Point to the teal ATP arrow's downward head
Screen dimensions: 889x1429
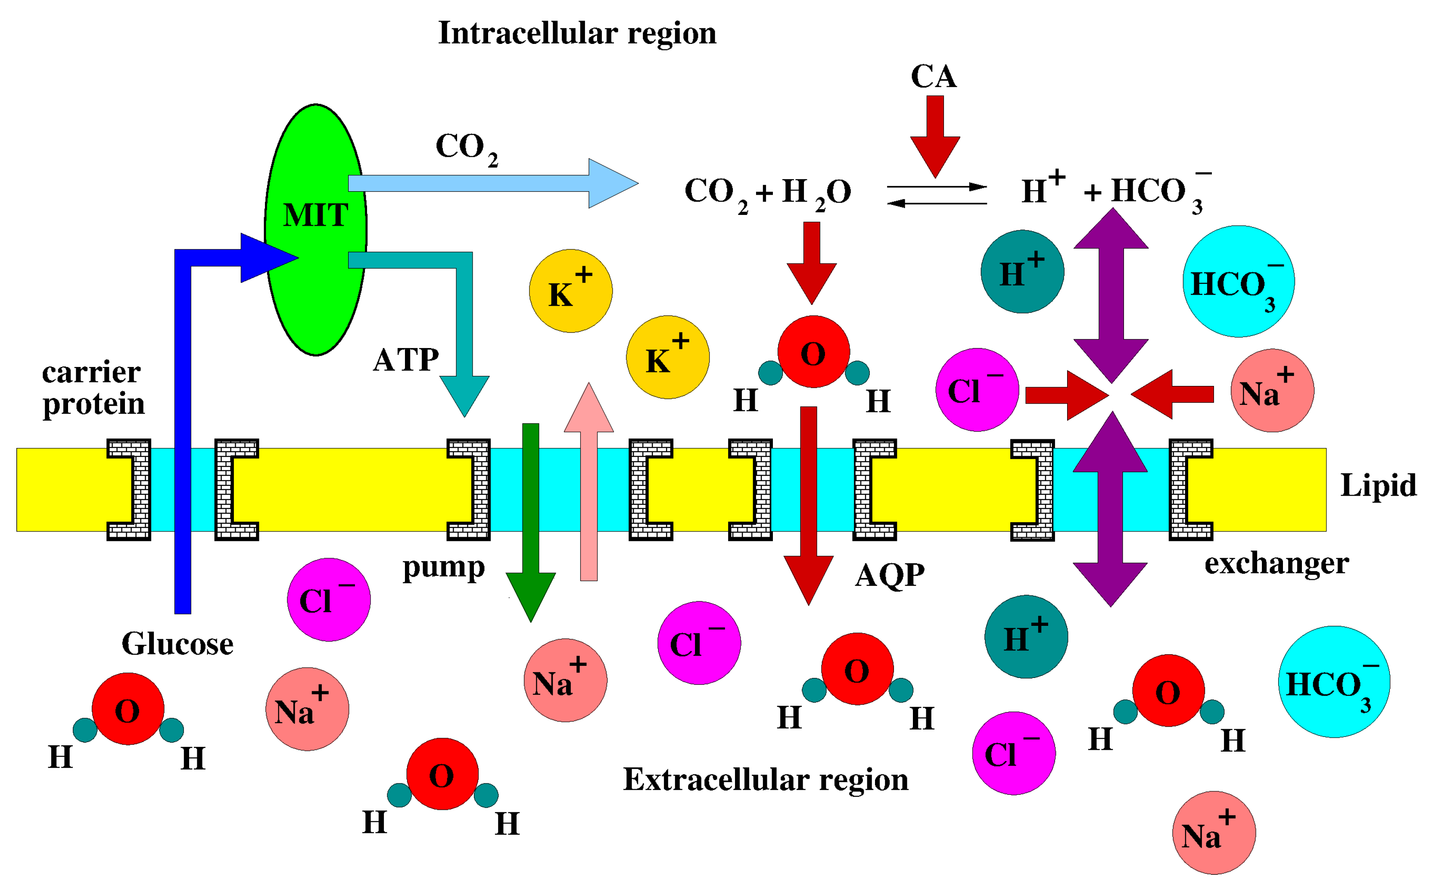pos(464,395)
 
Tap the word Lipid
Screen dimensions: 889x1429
pos(1378,486)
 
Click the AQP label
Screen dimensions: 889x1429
pos(890,575)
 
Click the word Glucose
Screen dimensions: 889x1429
pos(177,644)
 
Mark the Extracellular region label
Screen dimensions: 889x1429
pos(765,780)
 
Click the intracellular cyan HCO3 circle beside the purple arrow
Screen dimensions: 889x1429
pos(1238,282)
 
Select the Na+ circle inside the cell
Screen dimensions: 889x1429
pos(1272,390)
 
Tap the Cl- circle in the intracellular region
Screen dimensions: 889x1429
pos(977,390)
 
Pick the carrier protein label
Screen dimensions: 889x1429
pos(92,388)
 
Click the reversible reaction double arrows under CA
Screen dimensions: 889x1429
pos(936,195)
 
